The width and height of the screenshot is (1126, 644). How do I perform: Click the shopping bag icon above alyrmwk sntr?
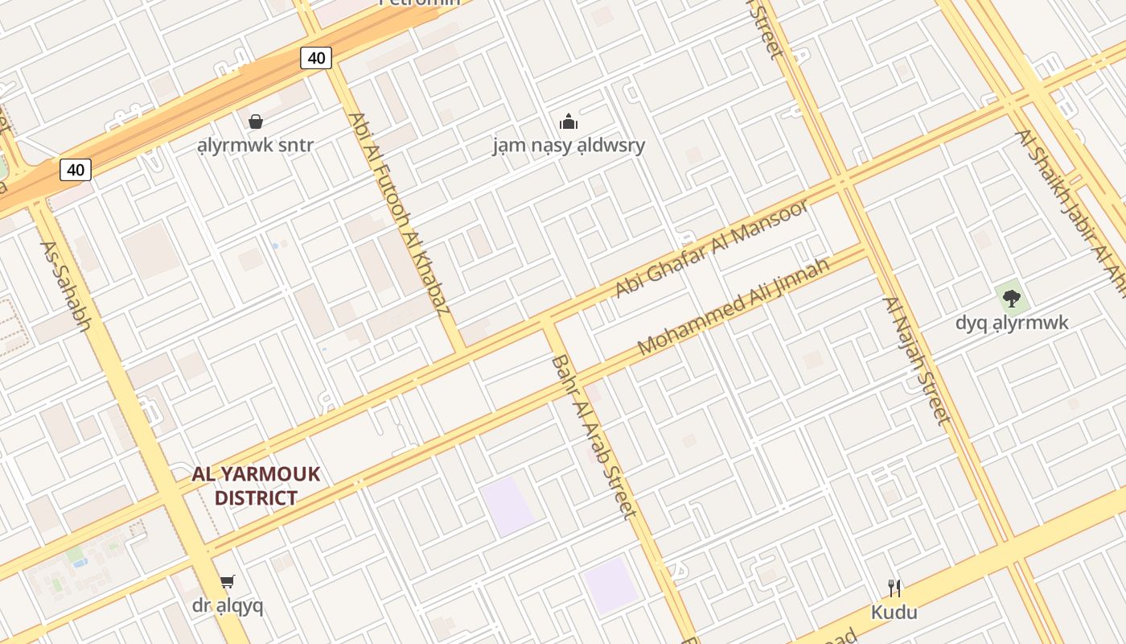pyautogui.click(x=255, y=122)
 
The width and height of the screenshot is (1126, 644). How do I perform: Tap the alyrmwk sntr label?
pyautogui.click(x=255, y=146)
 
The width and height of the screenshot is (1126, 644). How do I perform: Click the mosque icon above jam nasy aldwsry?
pyautogui.click(x=569, y=122)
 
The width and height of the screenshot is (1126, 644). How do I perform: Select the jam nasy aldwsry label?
pyautogui.click(x=569, y=146)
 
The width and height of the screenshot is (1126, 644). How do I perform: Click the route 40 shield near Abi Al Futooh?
pyautogui.click(x=316, y=58)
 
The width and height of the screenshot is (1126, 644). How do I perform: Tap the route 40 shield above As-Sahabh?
pyautogui.click(x=75, y=170)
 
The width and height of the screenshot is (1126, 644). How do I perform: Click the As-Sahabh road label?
pyautogui.click(x=66, y=287)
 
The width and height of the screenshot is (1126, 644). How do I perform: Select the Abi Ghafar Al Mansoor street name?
pyautogui.click(x=711, y=249)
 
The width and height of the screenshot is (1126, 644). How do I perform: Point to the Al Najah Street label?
pyautogui.click(x=917, y=360)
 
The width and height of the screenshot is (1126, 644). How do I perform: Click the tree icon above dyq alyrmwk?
pyautogui.click(x=1012, y=299)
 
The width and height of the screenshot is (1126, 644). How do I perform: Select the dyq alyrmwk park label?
pyautogui.click(x=1012, y=323)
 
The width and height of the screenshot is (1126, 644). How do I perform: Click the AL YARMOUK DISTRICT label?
pyautogui.click(x=256, y=485)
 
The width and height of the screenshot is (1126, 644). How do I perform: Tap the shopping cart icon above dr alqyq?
pyautogui.click(x=228, y=581)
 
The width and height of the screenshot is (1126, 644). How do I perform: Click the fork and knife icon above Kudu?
pyautogui.click(x=894, y=588)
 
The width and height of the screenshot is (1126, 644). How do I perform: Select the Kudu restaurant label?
pyautogui.click(x=894, y=613)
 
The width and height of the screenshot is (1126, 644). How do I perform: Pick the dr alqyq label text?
pyautogui.click(x=228, y=605)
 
